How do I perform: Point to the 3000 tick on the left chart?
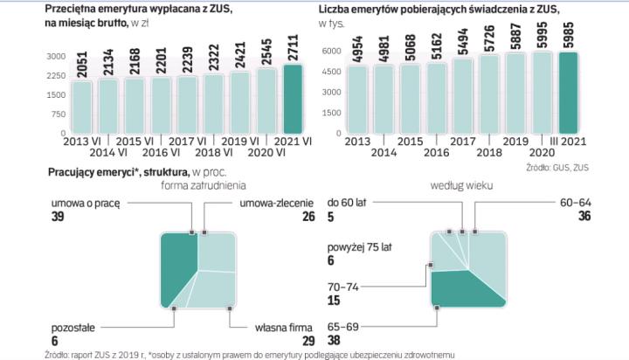pyautogui.click(x=56, y=55)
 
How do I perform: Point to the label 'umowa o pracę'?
pyautogui.click(x=84, y=201)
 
